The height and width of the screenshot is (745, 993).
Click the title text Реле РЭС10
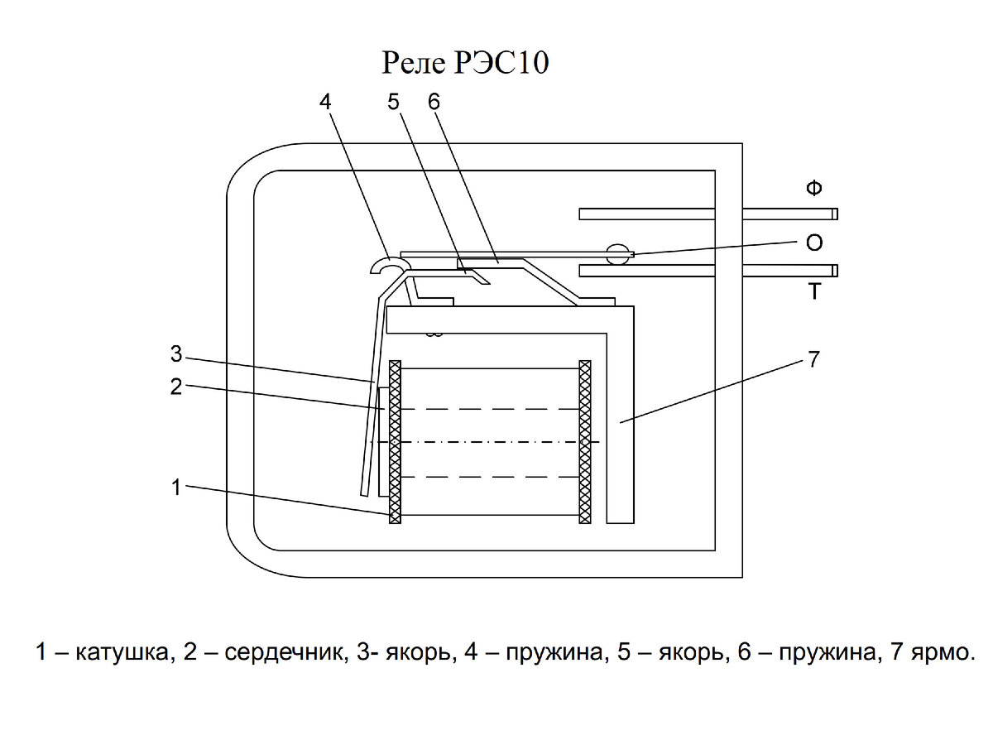(465, 64)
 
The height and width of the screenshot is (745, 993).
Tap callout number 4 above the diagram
(325, 102)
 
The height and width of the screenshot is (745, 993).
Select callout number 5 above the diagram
(393, 102)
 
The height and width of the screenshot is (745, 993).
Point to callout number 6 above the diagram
(434, 102)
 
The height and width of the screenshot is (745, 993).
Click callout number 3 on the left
(176, 354)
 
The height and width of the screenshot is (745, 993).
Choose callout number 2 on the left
(176, 387)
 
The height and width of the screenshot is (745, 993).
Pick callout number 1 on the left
(176, 488)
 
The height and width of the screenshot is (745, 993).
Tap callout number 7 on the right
(813, 359)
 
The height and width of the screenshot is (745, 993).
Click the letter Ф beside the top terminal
(814, 188)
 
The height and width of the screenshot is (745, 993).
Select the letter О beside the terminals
(814, 243)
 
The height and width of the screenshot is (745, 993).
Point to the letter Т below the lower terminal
(814, 291)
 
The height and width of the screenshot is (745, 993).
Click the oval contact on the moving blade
(617, 254)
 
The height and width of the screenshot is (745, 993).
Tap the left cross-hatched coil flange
(395, 442)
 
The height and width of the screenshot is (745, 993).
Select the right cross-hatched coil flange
(585, 442)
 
